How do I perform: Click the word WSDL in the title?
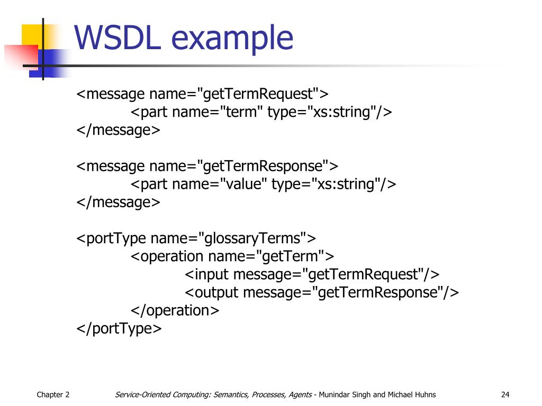118,39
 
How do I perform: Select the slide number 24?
505,394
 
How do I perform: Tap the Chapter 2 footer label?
53,394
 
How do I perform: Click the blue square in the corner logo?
50,62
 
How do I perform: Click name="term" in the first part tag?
218,113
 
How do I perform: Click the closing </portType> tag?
119,328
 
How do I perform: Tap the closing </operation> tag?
175,310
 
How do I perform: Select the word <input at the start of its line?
207,274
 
